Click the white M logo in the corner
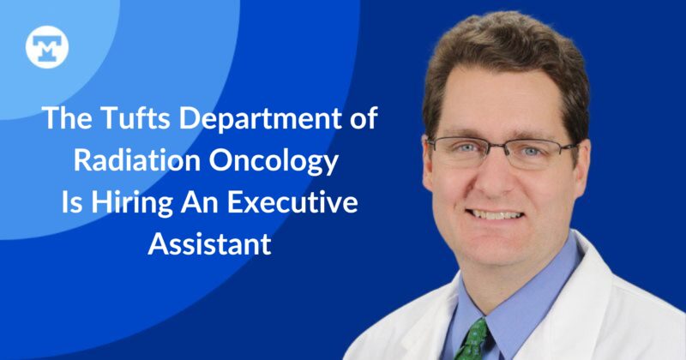click(x=41, y=47)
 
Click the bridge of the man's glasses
click(x=496, y=147)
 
